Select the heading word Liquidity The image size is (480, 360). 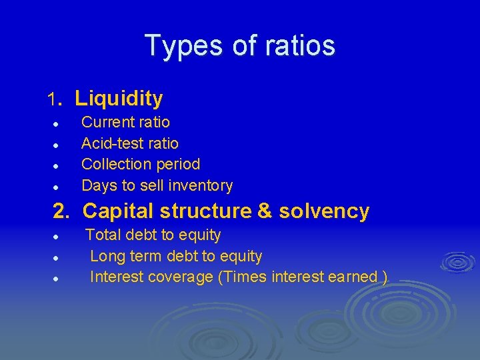point(119,99)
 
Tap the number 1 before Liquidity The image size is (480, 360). point(52,100)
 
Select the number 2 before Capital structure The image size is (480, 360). point(60,211)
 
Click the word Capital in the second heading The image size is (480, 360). point(114,211)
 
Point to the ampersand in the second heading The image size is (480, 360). point(264,211)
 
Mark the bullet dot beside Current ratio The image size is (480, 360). point(58,124)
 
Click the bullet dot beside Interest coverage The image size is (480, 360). point(58,279)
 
